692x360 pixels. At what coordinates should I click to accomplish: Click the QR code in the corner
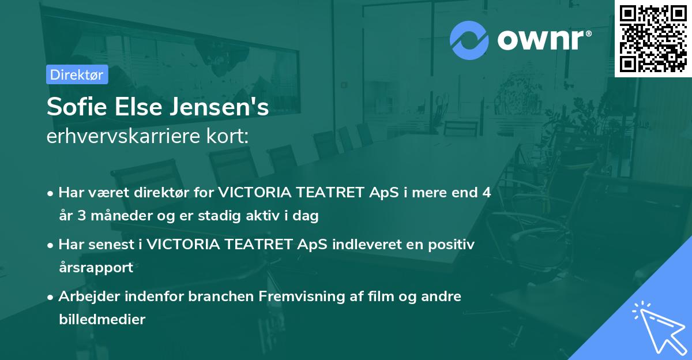652,38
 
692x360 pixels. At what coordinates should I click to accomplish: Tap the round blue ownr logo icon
469,40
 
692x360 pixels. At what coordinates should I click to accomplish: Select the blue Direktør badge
77,74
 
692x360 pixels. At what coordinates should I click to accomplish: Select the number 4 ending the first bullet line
487,193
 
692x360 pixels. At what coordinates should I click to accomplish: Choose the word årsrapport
96,268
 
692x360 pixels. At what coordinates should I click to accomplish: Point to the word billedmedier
101,319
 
